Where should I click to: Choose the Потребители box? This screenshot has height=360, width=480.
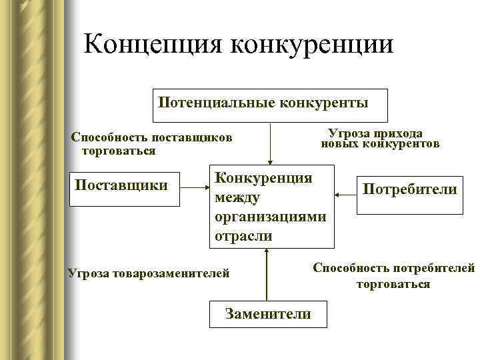(409, 190)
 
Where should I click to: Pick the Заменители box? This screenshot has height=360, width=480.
(268, 313)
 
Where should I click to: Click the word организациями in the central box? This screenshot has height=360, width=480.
(270, 217)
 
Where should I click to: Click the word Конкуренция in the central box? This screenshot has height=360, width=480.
(263, 178)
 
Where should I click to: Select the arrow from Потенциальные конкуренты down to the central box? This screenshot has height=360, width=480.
(270, 143)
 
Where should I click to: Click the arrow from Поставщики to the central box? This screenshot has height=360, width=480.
(193, 189)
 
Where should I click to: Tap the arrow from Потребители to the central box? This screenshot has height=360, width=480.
(345, 194)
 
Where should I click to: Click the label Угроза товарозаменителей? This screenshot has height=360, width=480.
(149, 273)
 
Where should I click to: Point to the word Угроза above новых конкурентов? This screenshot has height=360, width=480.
(351, 133)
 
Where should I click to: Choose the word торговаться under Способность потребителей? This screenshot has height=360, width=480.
(393, 284)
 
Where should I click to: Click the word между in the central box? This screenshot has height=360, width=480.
(237, 197)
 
